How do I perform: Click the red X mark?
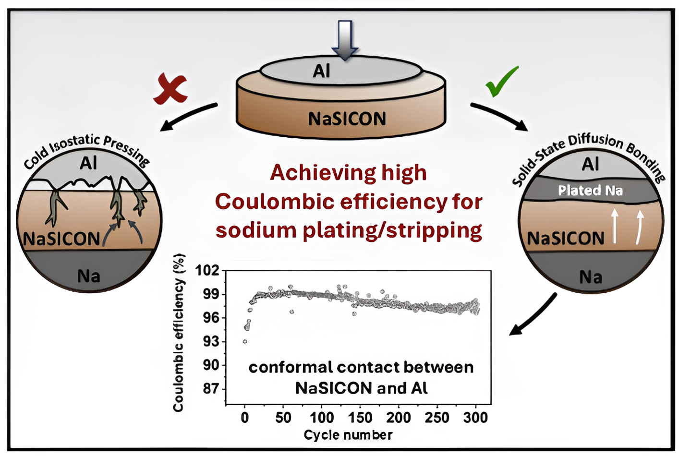[x=170, y=89]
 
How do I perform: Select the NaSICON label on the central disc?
[x=347, y=119]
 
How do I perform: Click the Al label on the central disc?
[x=322, y=72]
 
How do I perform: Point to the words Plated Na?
[x=590, y=191]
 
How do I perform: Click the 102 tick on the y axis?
[x=207, y=271]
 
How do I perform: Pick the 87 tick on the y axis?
[x=210, y=388]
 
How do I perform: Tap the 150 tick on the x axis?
[x=360, y=418]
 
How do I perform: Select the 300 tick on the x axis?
[x=475, y=418]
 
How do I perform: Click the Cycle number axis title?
[x=348, y=435]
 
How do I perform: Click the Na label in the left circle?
[x=89, y=276]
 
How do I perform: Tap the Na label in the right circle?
[x=591, y=277]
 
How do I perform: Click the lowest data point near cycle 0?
[x=245, y=341]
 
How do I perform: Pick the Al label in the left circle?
[x=88, y=163]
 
